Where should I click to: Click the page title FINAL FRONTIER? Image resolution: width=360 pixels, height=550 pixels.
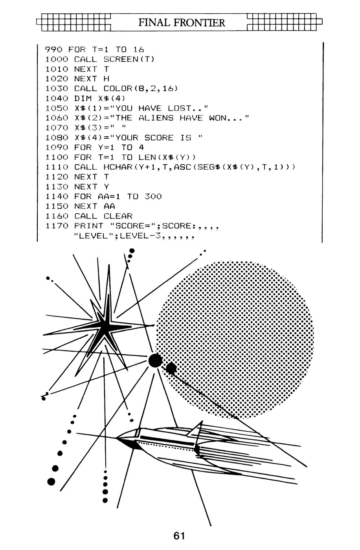click(182, 23)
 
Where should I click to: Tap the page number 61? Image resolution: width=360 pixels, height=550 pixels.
click(179, 535)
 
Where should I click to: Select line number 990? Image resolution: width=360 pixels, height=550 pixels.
click(53, 49)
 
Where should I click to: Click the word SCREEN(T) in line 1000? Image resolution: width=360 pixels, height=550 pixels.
click(129, 59)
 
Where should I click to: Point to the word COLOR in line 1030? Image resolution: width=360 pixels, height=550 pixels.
click(118, 88)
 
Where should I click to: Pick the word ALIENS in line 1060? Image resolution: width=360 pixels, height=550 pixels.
click(156, 118)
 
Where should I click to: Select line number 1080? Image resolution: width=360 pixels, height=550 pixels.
click(57, 137)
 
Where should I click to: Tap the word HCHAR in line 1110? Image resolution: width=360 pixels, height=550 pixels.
click(118, 167)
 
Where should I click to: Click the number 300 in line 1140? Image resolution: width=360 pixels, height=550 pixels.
click(153, 196)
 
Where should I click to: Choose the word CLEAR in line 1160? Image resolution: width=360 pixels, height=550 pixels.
click(118, 216)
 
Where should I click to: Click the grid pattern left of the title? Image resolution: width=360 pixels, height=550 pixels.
click(73, 22)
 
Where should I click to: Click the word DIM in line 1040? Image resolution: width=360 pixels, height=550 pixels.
click(83, 98)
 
